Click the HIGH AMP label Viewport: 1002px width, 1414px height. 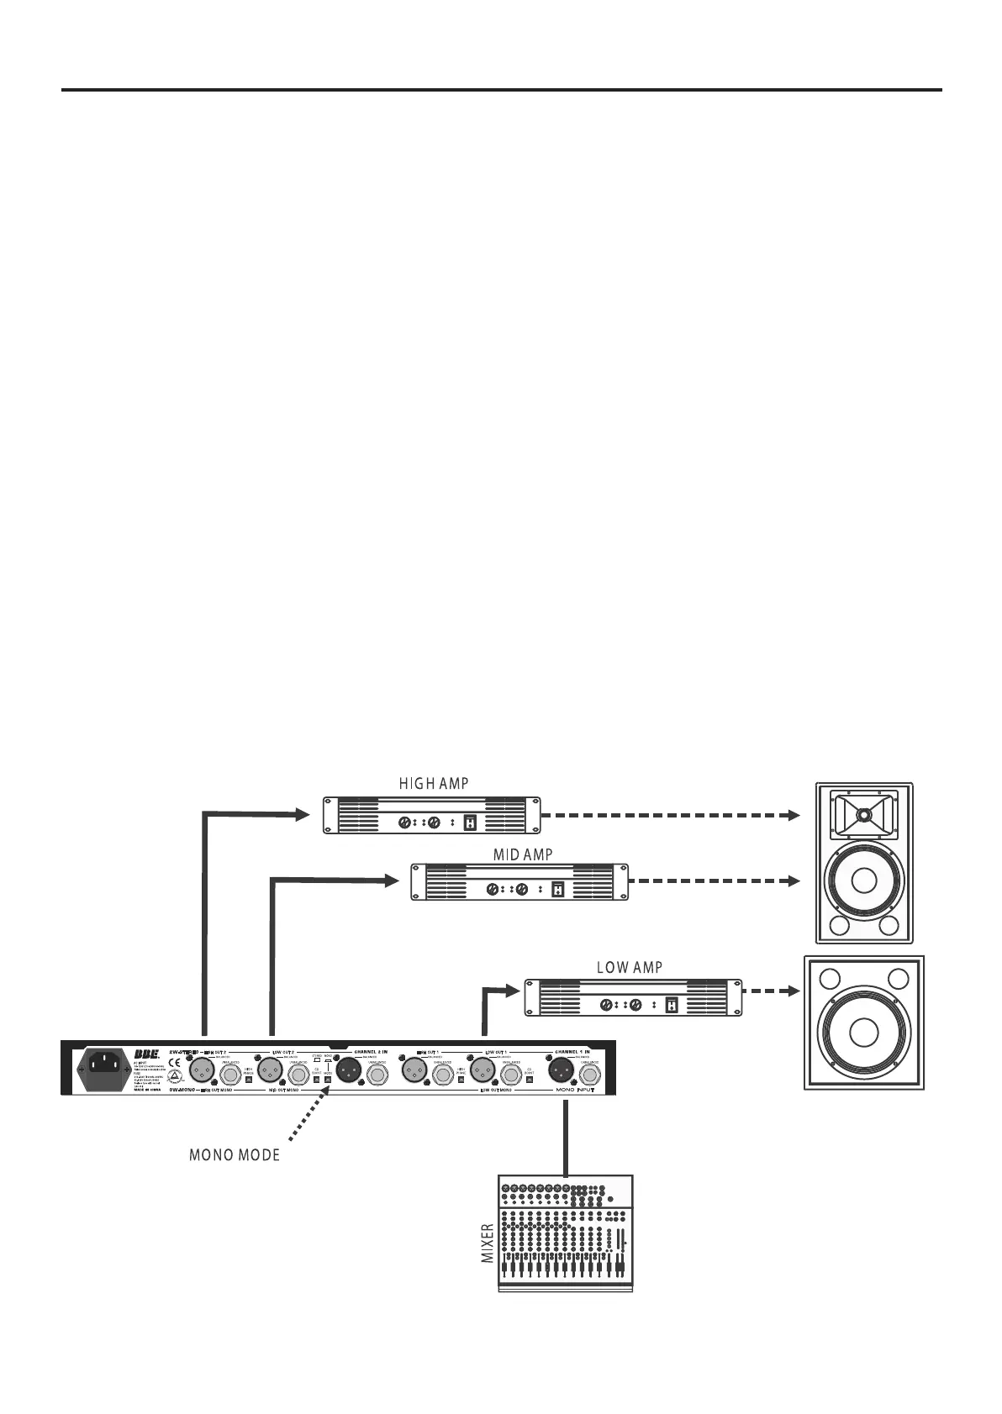point(433,784)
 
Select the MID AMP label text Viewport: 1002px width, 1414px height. point(522,854)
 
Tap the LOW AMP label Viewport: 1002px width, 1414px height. point(629,968)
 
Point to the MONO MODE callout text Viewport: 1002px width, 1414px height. point(234,1154)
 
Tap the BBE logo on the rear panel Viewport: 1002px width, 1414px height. point(148,1054)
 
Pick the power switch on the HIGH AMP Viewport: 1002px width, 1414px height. point(471,823)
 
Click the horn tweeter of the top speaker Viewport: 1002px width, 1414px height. point(862,814)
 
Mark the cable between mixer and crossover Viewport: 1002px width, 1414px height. point(566,1135)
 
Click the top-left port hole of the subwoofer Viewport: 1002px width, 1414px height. point(829,979)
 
